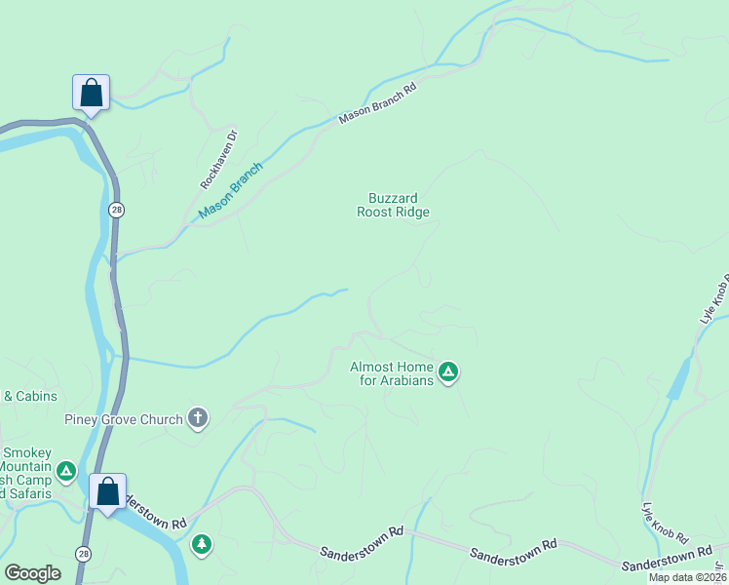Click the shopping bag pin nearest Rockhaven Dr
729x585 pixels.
(91, 94)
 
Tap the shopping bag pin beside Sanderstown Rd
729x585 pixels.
(108, 492)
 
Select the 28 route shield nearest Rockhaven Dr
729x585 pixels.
(116, 210)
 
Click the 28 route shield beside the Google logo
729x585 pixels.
(82, 552)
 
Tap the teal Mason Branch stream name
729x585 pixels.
(230, 191)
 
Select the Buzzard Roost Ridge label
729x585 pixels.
(393, 205)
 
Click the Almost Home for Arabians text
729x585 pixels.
(391, 373)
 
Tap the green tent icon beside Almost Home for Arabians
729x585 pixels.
(448, 371)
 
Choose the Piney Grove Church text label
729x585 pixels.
(124, 420)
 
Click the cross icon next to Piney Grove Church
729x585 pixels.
(197, 419)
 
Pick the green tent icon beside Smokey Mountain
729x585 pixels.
(66, 472)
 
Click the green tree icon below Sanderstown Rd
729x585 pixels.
(202, 543)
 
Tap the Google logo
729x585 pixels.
(33, 573)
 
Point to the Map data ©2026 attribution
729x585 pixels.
(688, 577)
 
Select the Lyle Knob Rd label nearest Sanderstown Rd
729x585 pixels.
(665, 524)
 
